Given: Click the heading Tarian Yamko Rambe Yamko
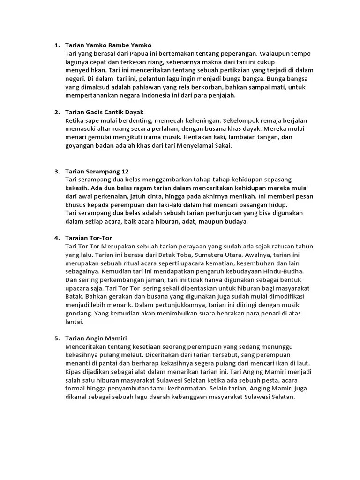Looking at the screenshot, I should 108,45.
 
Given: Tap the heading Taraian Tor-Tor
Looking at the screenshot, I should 89,238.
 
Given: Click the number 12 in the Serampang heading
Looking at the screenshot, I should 125,171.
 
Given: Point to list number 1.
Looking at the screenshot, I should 57,45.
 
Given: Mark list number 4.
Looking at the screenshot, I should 57,238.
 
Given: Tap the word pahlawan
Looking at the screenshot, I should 142,87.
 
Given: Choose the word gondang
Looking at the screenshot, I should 78,313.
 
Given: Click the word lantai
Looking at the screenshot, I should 74,322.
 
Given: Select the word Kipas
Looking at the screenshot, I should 74,371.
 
